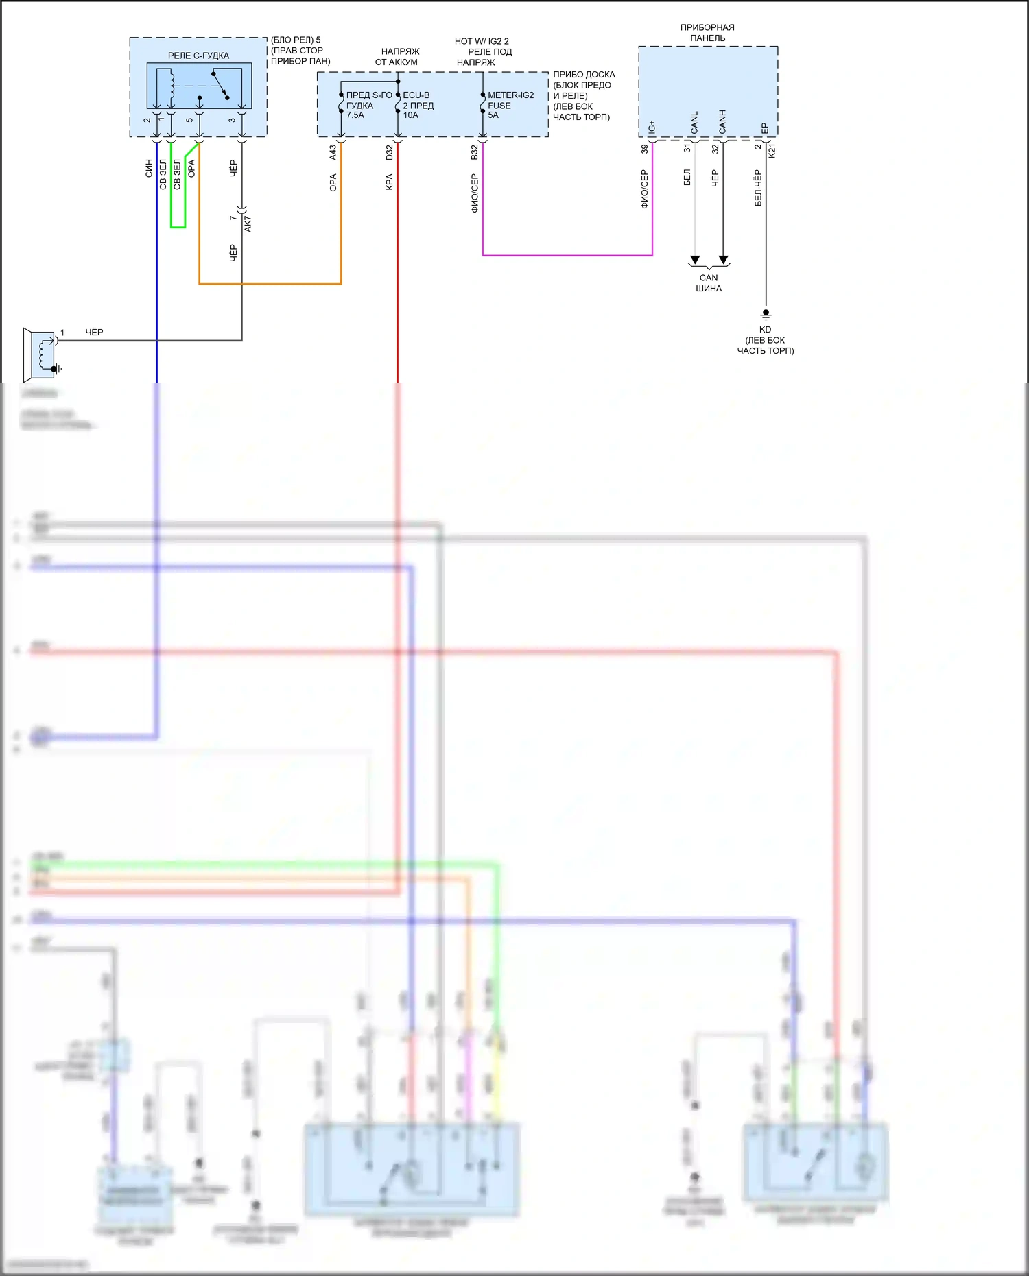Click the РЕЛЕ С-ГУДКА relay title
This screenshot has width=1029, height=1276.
tap(198, 56)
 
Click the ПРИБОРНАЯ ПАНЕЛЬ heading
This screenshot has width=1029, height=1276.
tap(707, 33)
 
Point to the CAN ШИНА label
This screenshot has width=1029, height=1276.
tap(709, 283)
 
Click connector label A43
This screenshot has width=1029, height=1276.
tap(333, 152)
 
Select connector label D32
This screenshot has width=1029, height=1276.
tap(390, 152)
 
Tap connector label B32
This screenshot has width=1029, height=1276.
tap(474, 152)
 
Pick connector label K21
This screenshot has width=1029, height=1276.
tap(772, 151)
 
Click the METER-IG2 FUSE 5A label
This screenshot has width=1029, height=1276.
tap(510, 105)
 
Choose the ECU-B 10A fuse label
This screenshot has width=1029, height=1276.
tap(418, 105)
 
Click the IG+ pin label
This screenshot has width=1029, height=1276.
tap(652, 127)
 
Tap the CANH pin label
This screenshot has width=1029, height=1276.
tap(722, 122)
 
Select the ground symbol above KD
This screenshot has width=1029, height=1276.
tap(766, 314)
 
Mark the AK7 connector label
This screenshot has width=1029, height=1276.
tap(248, 224)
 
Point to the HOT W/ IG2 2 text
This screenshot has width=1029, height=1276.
tap(482, 41)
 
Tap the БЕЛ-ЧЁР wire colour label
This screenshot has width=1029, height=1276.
tap(758, 187)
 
